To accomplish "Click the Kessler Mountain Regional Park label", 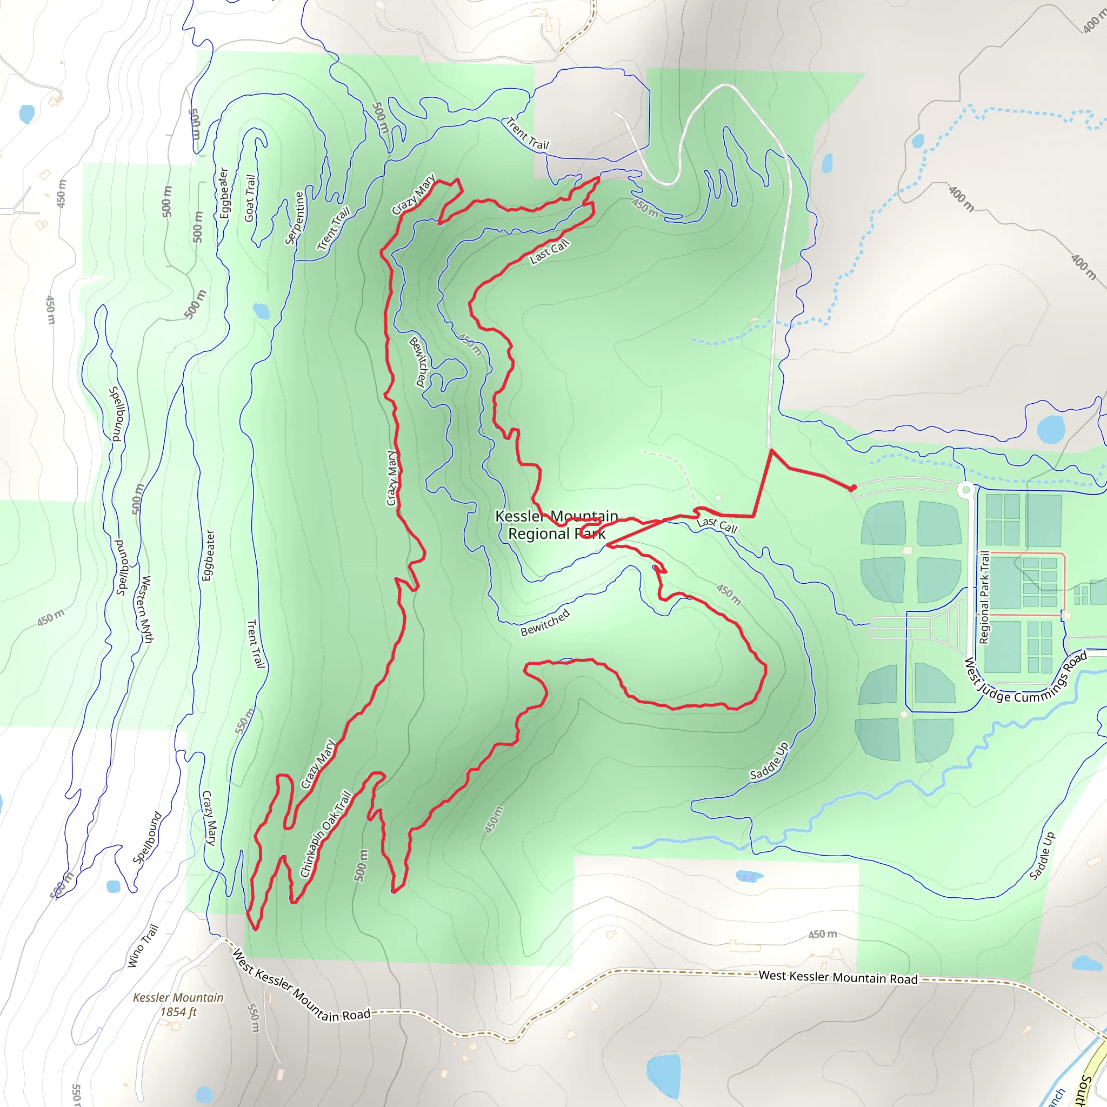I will (556, 525).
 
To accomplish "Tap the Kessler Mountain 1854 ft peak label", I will (178, 1004).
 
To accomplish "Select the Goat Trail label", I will (250, 198).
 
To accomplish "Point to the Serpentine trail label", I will (295, 218).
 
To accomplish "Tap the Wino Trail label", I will (142, 946).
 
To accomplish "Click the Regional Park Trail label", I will (984, 597).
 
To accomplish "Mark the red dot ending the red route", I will (852, 488).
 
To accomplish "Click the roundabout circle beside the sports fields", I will (966, 489).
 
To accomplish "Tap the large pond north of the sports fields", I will (1050, 429).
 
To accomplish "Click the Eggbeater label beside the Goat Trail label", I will (224, 192).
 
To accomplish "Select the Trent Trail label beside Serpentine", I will (334, 229).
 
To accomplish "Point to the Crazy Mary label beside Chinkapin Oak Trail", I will (317, 764).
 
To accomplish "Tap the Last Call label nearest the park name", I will (717, 525).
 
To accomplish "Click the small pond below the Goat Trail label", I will (261, 311).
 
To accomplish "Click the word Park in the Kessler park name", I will (590, 534).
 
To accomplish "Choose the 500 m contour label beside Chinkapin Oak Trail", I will (361, 865).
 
